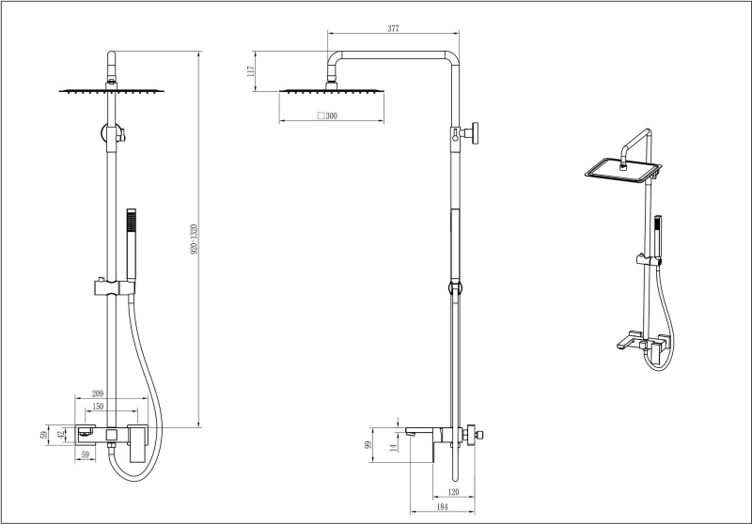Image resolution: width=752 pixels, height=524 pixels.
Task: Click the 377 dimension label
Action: [x=393, y=29]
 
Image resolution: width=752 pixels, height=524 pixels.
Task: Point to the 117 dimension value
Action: [x=252, y=71]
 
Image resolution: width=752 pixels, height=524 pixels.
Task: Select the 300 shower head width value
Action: [x=332, y=116]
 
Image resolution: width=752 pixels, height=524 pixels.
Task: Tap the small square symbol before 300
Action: [x=320, y=116]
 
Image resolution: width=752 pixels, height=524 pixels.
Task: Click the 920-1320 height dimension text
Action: [x=194, y=240]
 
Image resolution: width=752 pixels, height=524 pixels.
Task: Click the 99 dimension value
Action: [x=368, y=443]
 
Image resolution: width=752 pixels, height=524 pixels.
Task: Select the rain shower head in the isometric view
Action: [x=621, y=171]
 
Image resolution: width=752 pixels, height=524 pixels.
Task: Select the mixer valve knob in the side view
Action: [x=478, y=435]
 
